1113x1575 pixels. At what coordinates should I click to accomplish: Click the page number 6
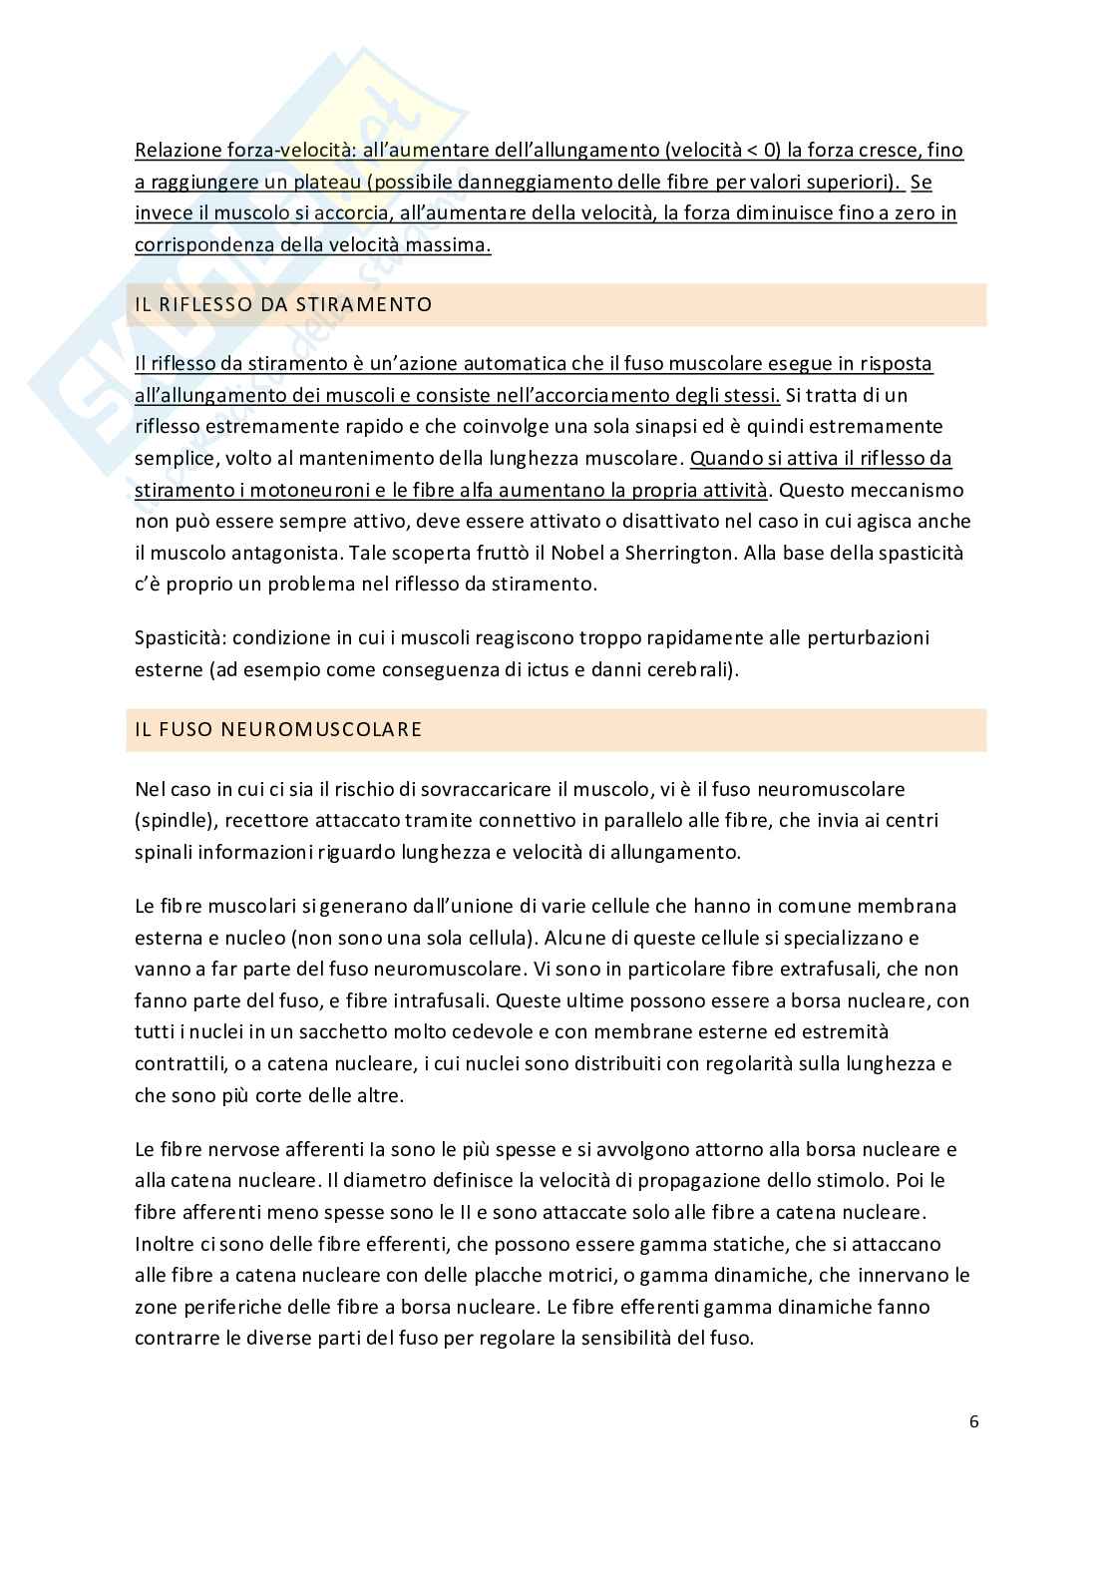click(x=973, y=1421)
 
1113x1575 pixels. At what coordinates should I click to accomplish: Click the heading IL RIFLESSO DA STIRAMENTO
click(x=283, y=305)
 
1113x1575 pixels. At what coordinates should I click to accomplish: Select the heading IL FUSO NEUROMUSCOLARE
click(x=278, y=729)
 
